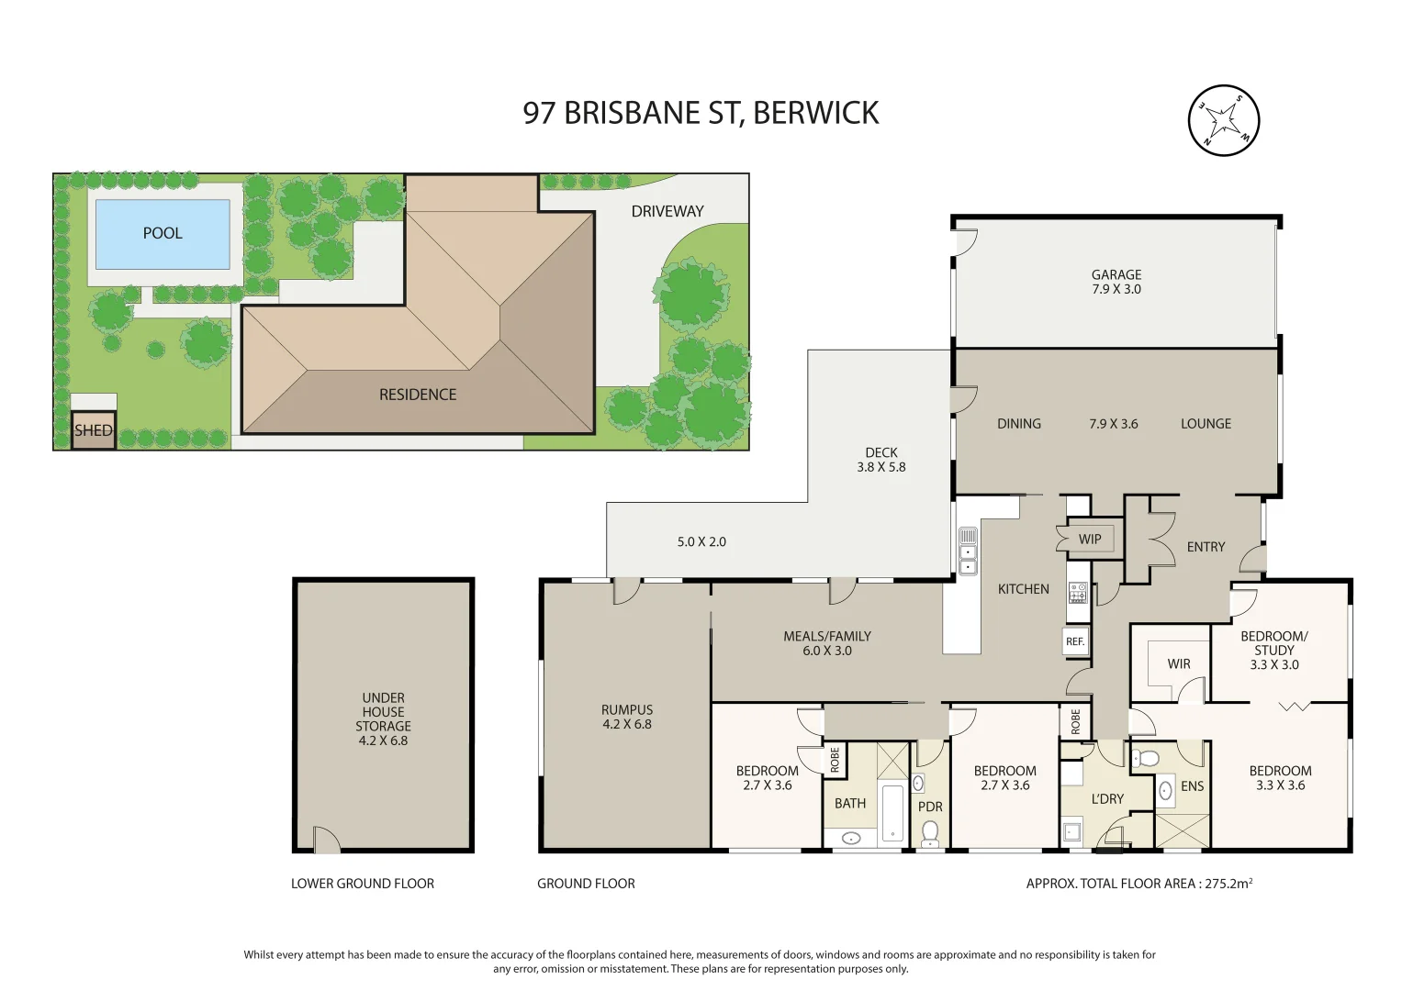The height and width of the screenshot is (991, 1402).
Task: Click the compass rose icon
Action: coord(1223,120)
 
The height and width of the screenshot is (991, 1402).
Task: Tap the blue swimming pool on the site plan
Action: coord(163,234)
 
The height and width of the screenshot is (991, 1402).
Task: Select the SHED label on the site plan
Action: coord(94,430)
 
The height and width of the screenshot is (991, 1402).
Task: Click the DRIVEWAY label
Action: coord(667,211)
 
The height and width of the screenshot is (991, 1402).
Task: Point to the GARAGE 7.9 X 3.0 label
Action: coord(1116,282)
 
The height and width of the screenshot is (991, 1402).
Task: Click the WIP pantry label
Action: coord(1090,540)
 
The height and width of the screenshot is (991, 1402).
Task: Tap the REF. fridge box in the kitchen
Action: coord(1075,641)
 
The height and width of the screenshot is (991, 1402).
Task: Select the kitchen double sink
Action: coord(968,551)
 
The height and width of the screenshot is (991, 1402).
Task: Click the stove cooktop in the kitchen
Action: coord(1077,593)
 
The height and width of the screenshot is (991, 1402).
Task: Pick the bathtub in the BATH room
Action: coord(892,812)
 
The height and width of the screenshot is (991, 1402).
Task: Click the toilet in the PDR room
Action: coord(930,831)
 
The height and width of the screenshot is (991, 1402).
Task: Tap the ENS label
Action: coord(1192,786)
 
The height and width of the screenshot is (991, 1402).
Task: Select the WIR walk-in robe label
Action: coord(1179,664)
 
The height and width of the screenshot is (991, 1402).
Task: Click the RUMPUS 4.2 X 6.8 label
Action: coord(627,717)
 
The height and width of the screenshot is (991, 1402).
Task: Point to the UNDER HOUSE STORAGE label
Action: coord(383,718)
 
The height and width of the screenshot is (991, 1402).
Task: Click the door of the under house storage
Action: coord(325,841)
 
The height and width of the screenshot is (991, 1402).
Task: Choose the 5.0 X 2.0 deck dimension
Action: coord(701,542)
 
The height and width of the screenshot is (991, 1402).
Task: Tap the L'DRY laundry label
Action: coord(1107,799)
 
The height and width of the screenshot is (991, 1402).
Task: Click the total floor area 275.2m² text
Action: coord(1138,884)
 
